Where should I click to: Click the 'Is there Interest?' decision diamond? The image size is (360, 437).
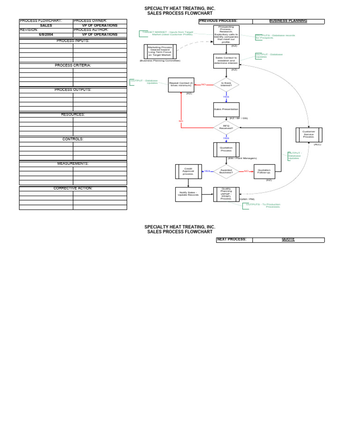pos(226,84)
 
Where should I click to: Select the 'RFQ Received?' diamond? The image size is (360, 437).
pos(226,127)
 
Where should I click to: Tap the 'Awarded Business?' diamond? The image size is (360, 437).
pos(226,171)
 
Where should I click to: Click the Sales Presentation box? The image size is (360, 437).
pos(226,109)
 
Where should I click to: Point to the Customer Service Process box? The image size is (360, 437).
pos(309,135)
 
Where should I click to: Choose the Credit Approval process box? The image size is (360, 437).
pos(188,171)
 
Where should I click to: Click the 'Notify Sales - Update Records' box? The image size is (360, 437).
pos(188,194)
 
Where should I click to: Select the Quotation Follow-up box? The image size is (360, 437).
pos(264,171)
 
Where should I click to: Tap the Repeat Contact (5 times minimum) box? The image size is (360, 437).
pos(181,84)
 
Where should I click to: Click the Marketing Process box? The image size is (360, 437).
pos(160,52)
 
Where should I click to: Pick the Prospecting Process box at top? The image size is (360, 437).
pos(226,35)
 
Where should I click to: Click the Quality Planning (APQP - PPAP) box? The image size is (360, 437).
pos(226,194)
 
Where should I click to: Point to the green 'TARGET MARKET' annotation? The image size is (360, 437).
pos(167,33)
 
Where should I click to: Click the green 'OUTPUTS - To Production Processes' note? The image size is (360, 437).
pos(262,205)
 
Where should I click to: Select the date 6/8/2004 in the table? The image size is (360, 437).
pos(46,35)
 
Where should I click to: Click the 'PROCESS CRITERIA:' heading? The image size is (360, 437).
pos(73,65)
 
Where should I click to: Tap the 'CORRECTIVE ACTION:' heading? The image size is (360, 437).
pos(73,188)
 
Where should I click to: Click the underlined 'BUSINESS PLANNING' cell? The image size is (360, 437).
pos(288,21)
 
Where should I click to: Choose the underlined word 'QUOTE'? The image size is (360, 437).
pos(288,240)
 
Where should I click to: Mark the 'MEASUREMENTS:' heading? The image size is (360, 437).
pos(73,164)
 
